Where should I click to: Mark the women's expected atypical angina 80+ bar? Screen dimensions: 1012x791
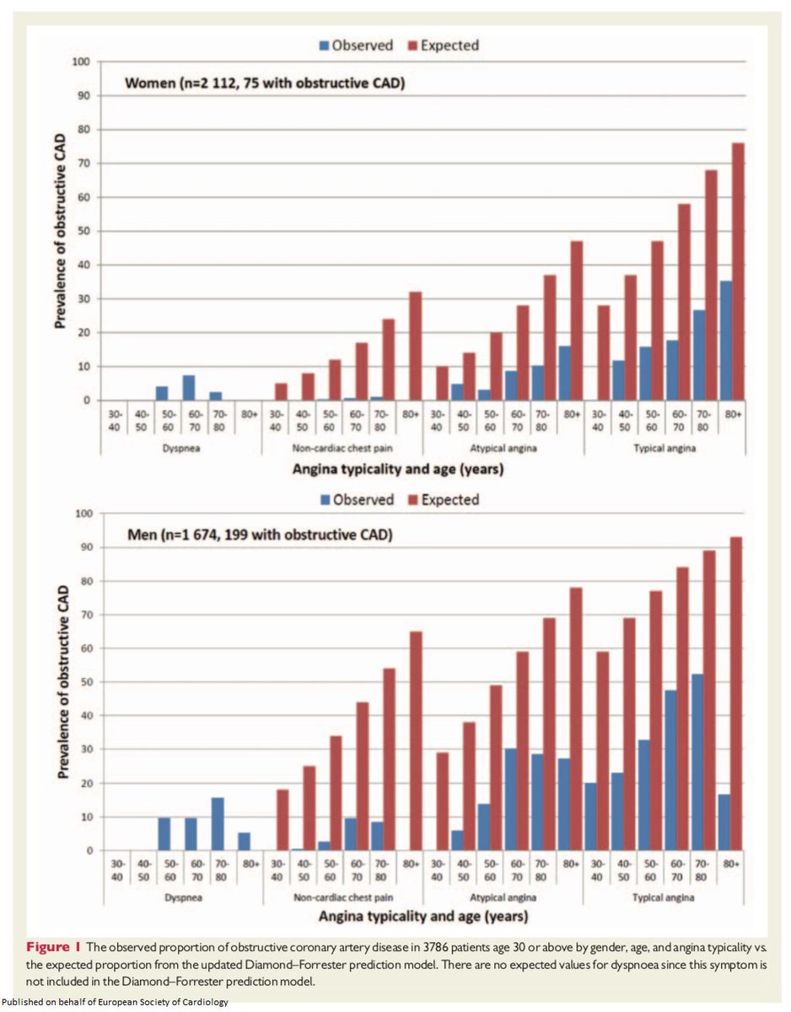coord(577,320)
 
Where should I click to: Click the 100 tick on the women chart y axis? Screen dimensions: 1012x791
coord(81,62)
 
